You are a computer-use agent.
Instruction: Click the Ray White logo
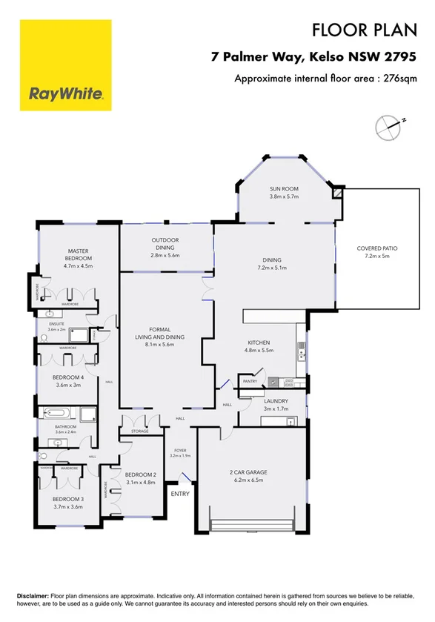[x=65, y=65]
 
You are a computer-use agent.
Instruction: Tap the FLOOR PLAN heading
[x=361, y=30]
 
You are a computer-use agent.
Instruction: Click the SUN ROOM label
[x=283, y=189]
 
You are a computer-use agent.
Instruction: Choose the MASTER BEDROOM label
[x=78, y=254]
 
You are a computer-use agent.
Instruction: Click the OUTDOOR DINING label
[x=165, y=243]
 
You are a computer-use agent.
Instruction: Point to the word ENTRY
[x=180, y=494]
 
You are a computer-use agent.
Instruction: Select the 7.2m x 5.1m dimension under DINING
[x=273, y=268]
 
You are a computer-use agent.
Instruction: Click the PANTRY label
[x=249, y=382]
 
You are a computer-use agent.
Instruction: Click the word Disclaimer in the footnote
[x=32, y=596]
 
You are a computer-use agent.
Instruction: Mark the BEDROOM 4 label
[x=67, y=377]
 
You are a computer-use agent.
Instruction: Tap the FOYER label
[x=181, y=449]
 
